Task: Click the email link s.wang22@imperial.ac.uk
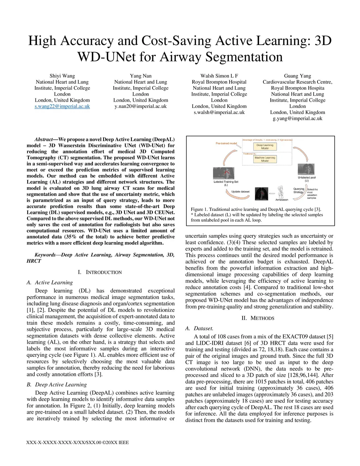coord(62,106)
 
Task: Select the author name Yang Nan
coord(141,76)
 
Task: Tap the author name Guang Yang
coord(297,76)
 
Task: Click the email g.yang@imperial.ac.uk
coord(297,119)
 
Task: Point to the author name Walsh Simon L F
coord(219,76)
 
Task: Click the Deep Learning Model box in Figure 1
coord(265,147)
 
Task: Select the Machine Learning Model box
coord(265,159)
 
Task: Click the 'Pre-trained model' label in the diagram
coord(226,143)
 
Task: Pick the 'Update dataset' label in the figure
coord(240,192)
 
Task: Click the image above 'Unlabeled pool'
coord(306,169)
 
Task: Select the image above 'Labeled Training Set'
coord(225,173)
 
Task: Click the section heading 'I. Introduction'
coord(100,272)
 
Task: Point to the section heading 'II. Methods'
coord(258,318)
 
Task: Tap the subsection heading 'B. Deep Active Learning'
coord(57,385)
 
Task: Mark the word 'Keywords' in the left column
coord(45,255)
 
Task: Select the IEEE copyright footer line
coord(78,442)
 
